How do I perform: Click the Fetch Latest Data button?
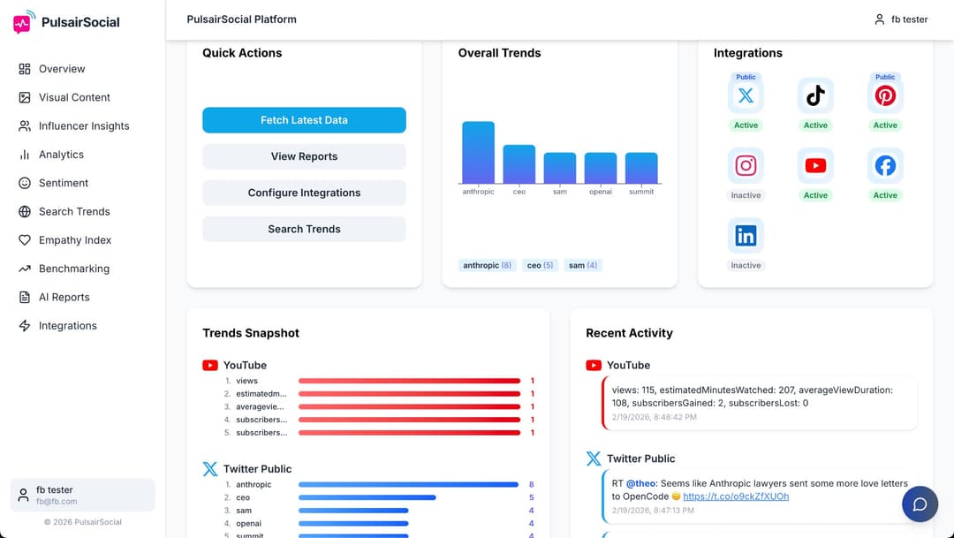(x=304, y=120)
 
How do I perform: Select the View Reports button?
(x=304, y=156)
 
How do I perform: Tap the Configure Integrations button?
(x=304, y=193)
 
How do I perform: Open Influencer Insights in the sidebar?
(x=84, y=126)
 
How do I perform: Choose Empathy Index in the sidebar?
(x=75, y=240)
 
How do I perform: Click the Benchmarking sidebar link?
(x=74, y=269)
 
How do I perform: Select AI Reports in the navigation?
(x=64, y=297)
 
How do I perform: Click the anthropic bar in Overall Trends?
(x=478, y=153)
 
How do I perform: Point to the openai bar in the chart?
(x=601, y=168)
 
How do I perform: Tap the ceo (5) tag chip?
(x=540, y=265)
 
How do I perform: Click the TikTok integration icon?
(x=815, y=95)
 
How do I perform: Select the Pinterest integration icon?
(x=885, y=95)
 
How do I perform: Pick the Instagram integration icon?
(x=746, y=165)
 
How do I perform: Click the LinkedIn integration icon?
(x=746, y=235)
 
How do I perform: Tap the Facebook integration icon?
(x=885, y=165)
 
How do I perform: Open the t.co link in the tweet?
(x=736, y=496)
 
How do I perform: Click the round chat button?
(x=920, y=504)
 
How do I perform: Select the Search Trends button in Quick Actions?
(x=304, y=229)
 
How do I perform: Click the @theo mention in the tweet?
(x=640, y=484)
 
